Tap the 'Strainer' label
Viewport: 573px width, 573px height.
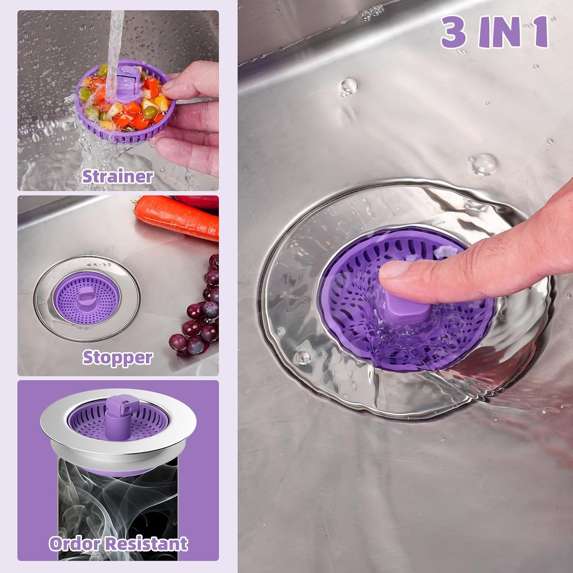[x=117, y=176]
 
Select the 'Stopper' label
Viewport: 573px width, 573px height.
[x=117, y=358]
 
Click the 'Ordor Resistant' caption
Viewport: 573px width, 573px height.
[x=118, y=543]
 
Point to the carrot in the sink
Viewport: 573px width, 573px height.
[x=176, y=218]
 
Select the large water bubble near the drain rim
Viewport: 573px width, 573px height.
[x=483, y=164]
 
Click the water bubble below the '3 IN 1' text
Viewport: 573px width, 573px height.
[x=349, y=86]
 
